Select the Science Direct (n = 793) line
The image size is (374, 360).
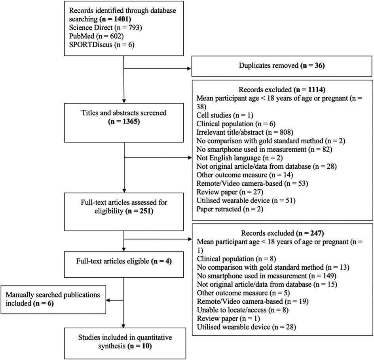105,28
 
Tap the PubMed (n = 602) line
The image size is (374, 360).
96,36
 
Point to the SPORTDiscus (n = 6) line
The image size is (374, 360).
102,45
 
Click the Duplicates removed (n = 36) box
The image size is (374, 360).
282,66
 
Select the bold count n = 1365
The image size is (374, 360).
124,122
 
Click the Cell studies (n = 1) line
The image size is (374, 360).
225,115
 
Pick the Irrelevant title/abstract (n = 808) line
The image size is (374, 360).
245,132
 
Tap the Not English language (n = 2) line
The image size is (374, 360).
239,158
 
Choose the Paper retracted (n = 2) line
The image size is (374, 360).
230,209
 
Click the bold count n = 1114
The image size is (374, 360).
309,90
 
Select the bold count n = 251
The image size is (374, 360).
139,211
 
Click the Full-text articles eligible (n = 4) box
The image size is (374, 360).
124,264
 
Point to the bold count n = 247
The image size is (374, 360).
310,233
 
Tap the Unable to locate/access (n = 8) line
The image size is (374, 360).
243,310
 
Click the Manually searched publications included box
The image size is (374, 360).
53,299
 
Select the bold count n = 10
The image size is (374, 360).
140,346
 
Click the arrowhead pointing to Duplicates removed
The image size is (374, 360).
190,69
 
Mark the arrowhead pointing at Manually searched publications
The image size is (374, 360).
108,300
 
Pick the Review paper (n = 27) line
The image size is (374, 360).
230,192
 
